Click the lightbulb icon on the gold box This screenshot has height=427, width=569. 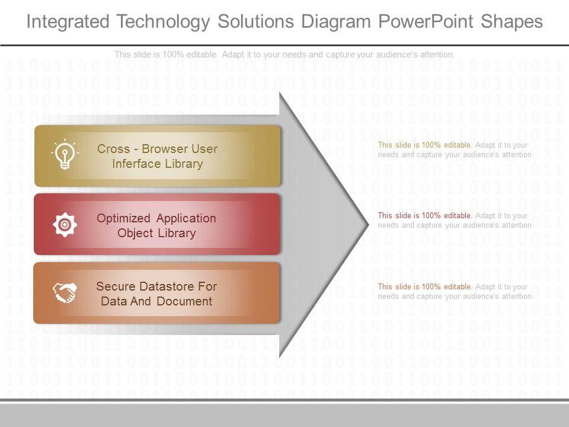point(65,155)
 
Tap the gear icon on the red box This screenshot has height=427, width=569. point(65,225)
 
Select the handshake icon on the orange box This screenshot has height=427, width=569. point(65,293)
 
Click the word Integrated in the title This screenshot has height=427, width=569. point(68,22)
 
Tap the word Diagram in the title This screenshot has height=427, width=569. point(335,22)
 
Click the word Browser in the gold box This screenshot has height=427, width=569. point(163,148)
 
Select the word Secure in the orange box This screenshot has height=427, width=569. point(116,286)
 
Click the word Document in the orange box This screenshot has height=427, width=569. point(184,301)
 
